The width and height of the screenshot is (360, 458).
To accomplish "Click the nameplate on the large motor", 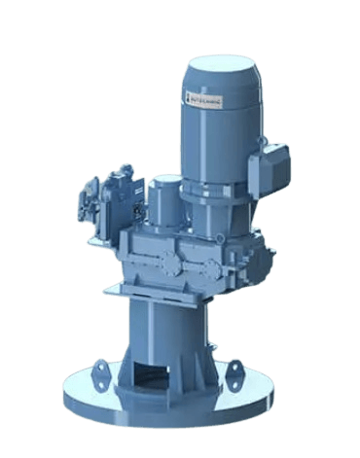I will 205,94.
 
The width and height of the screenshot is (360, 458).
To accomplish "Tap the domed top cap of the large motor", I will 223,66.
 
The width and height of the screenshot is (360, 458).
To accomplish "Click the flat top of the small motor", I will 165,180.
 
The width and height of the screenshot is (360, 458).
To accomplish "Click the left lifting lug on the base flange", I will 100,370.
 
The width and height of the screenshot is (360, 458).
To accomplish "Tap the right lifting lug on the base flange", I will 234,370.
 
